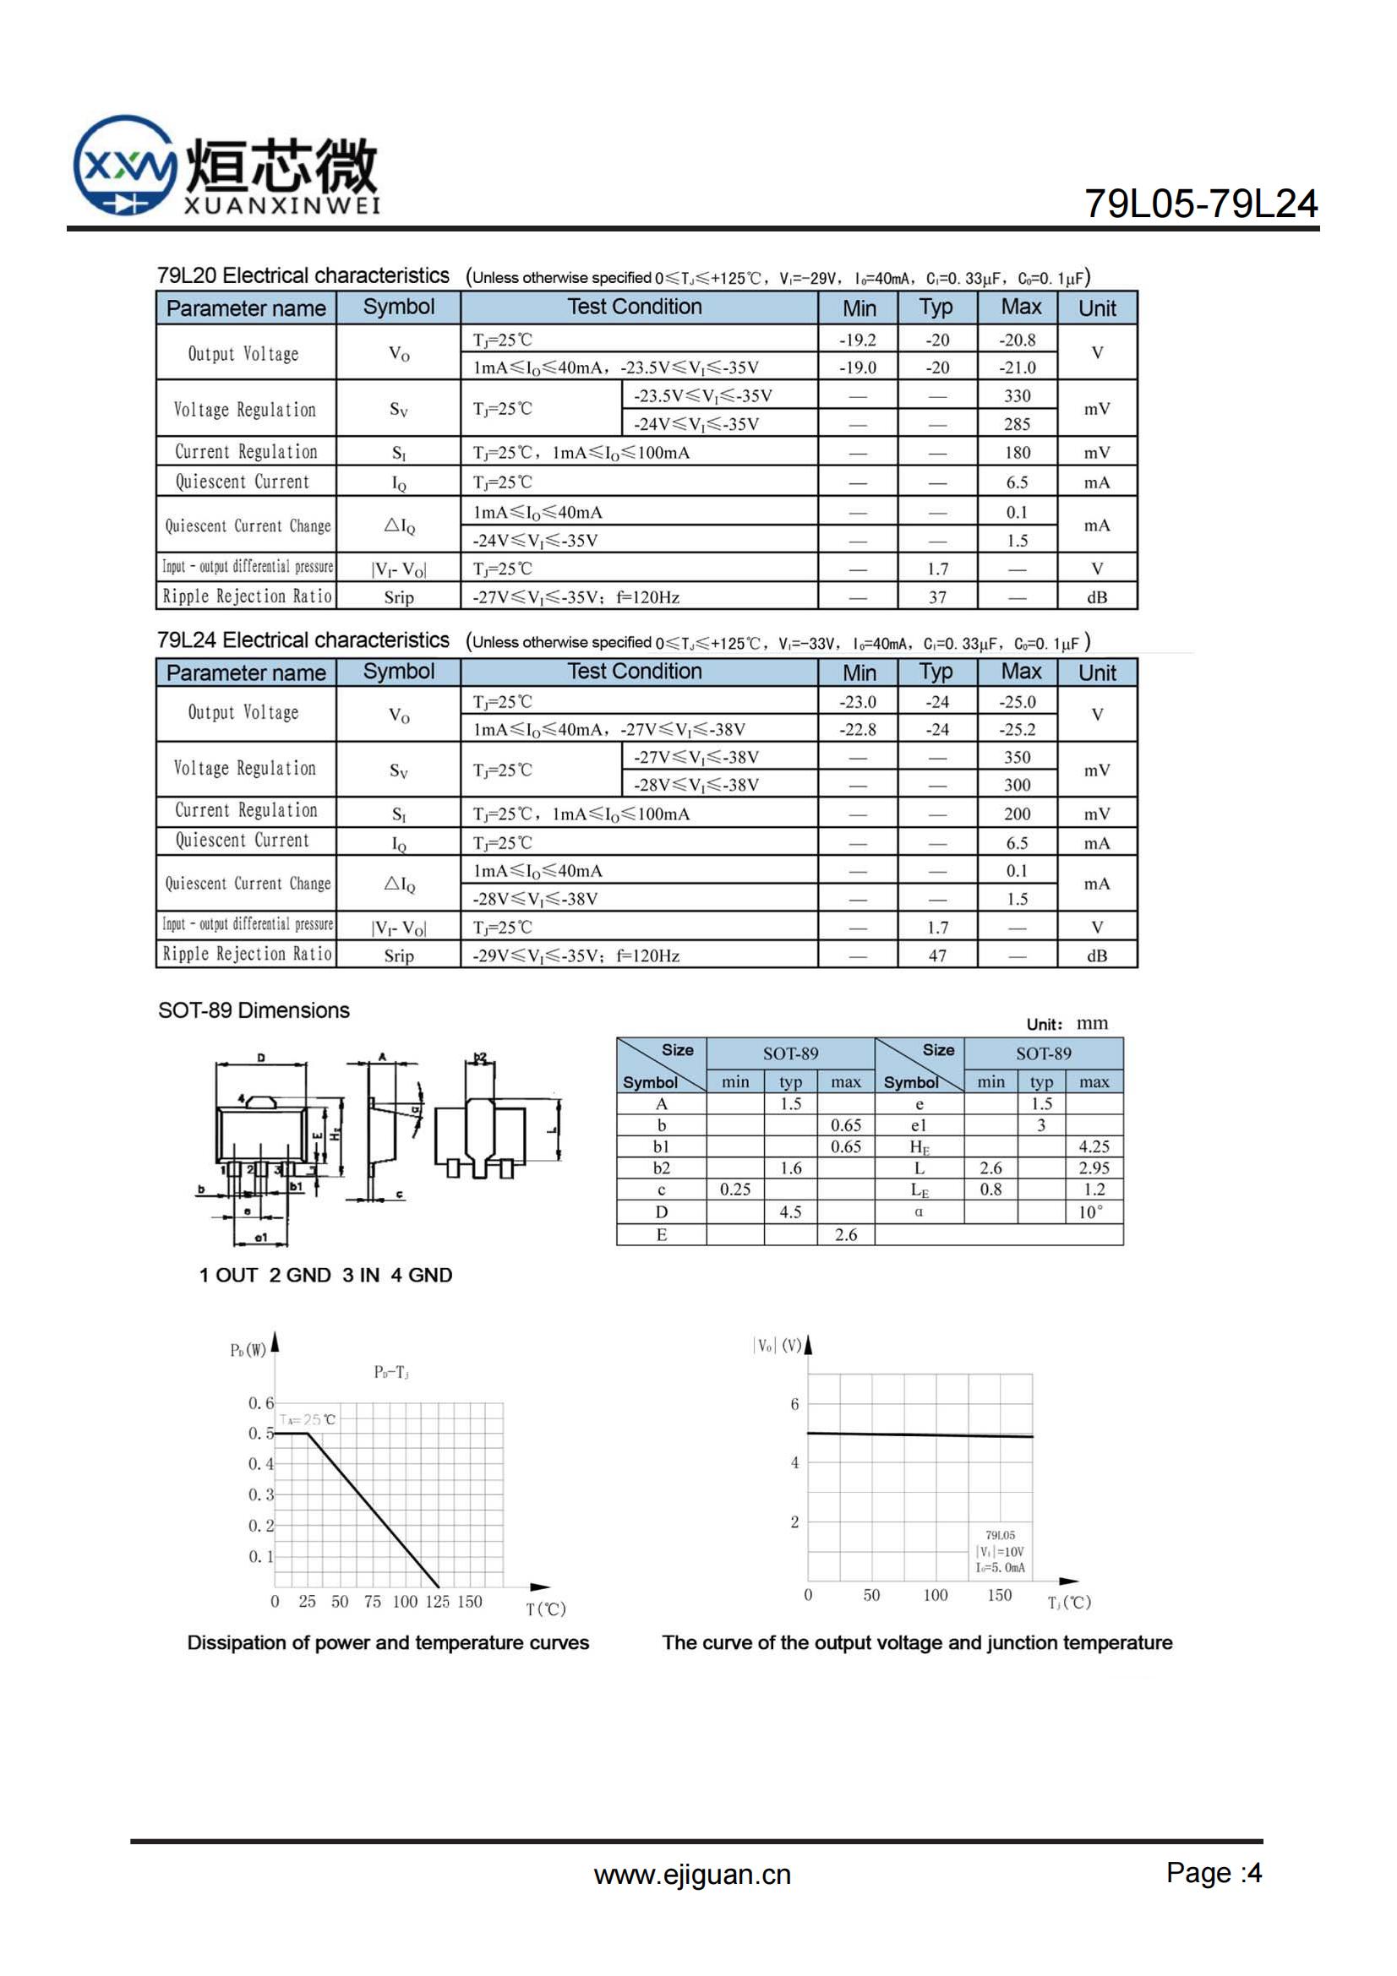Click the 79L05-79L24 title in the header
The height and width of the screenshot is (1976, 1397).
coord(1200,204)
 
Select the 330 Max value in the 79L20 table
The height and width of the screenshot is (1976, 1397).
coord(1017,396)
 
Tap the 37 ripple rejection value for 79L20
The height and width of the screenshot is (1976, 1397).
coord(937,597)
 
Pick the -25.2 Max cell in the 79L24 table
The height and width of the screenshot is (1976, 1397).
coord(1017,730)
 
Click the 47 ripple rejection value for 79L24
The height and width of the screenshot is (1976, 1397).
coord(937,956)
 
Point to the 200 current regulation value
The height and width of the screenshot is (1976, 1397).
coord(1017,814)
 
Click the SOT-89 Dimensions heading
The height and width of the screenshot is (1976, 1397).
coord(254,1010)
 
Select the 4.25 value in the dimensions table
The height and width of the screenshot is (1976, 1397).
coord(1093,1146)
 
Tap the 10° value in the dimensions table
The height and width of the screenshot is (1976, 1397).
coord(1090,1212)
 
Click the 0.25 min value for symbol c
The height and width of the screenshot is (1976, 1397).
coord(735,1189)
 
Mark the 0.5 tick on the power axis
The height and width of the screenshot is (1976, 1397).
coord(261,1433)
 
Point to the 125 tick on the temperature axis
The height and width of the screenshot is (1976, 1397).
coord(437,1602)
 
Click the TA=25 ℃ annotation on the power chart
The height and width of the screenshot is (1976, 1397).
coord(308,1419)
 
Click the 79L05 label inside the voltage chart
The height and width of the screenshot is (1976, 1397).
coord(1000,1535)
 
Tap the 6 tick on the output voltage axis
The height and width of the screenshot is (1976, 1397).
coord(794,1404)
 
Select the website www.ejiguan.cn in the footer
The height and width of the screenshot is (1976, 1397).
coord(692,1875)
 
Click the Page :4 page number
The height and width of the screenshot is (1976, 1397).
coord(1214,1873)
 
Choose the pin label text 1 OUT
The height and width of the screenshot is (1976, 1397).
coord(228,1276)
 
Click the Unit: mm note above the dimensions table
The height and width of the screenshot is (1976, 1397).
coord(1067,1024)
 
